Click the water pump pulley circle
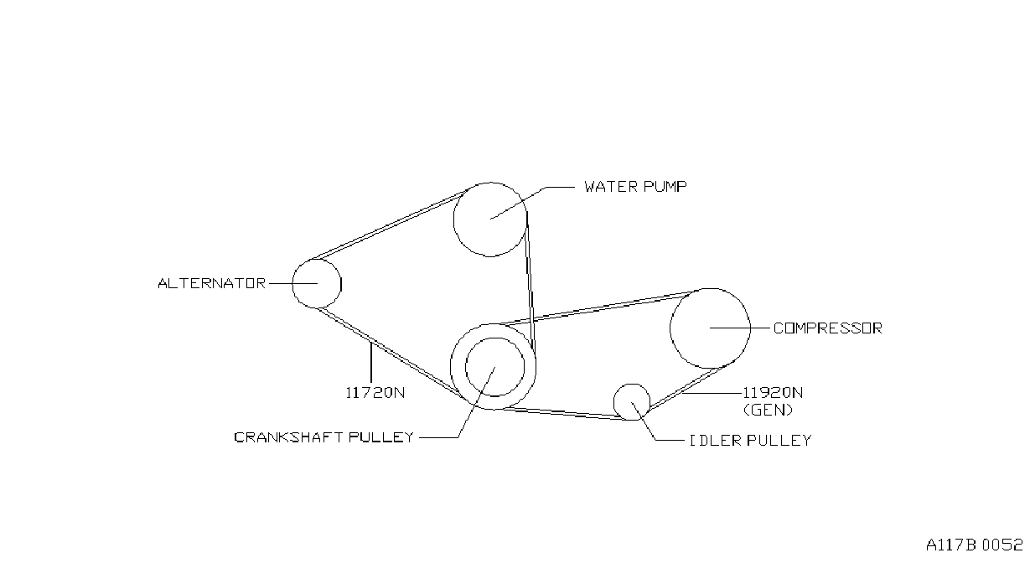coord(454,220)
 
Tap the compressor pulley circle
coord(670,328)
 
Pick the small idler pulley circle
coord(614,402)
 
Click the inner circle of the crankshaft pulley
coord(466,367)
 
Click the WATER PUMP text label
coord(635,187)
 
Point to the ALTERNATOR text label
coord(211,283)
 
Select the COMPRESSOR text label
coord(828,328)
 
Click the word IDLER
coord(716,441)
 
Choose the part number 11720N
coord(375,392)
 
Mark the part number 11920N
coord(774,392)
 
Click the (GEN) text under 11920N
coord(769,410)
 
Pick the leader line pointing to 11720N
coord(370,362)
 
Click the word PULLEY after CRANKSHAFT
coord(381,437)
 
